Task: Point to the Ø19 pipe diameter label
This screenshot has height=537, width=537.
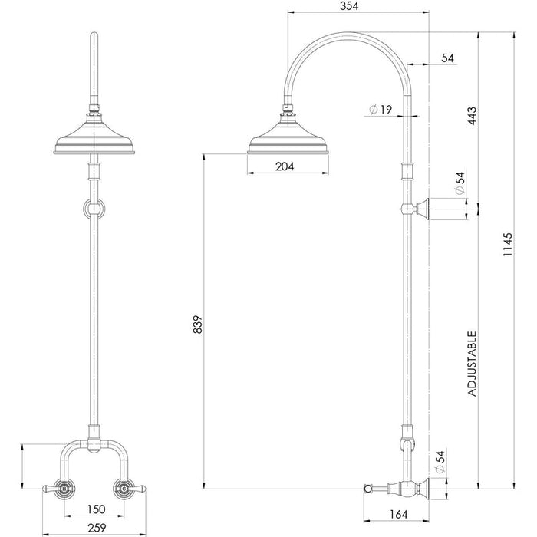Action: click(x=381, y=110)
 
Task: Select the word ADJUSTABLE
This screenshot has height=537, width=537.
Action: click(x=473, y=363)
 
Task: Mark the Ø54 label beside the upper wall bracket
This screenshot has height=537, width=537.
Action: click(x=459, y=184)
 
